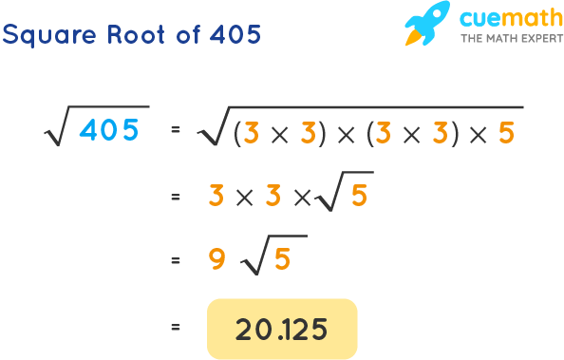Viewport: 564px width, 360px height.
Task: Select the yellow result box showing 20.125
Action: pyautogui.click(x=282, y=329)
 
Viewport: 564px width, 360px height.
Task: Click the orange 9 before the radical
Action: pyautogui.click(x=216, y=257)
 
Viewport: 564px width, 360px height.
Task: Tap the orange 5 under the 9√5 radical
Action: pyautogui.click(x=282, y=258)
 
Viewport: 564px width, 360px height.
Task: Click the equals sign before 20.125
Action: pyautogui.click(x=175, y=328)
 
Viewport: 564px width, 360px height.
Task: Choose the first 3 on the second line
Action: pyautogui.click(x=216, y=195)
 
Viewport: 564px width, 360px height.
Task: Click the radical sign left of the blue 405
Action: pyautogui.click(x=55, y=130)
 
